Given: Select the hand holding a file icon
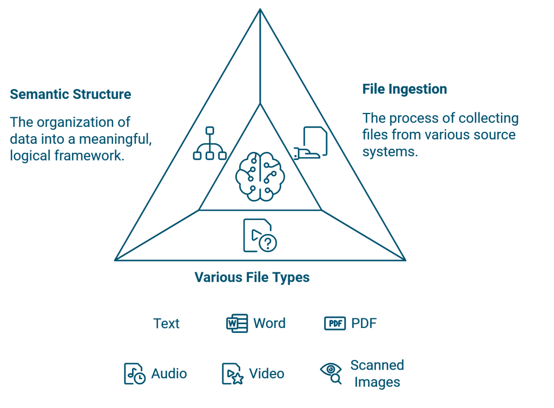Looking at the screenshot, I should click(311, 143).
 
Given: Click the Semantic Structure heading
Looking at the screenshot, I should click(70, 95).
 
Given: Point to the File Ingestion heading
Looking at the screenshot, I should click(405, 90).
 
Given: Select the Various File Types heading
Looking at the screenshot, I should click(252, 278).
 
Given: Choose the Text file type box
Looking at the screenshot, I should click(167, 323).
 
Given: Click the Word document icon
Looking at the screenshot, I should click(237, 323).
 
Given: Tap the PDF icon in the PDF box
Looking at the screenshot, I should click(335, 323).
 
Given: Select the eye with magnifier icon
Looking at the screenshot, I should click(331, 373).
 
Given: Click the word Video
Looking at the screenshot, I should click(267, 373).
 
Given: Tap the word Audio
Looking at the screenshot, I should click(169, 373).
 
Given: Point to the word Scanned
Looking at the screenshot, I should click(377, 365).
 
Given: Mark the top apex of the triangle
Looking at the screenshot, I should click(260, 9).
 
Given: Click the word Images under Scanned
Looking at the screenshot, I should click(377, 382).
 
